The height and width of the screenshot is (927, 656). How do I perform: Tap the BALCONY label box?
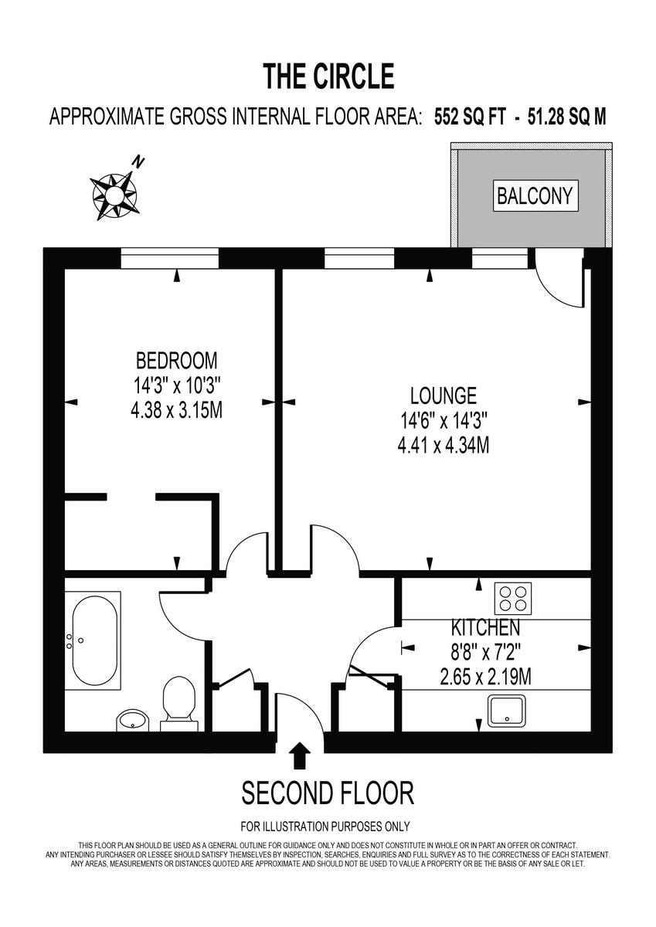[x=535, y=195]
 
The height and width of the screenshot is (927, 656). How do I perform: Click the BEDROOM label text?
[x=177, y=360]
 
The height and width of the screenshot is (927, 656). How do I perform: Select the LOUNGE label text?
[x=443, y=396]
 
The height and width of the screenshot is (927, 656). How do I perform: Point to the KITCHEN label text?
[x=474, y=627]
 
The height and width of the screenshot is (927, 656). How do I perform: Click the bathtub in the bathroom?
[x=95, y=640]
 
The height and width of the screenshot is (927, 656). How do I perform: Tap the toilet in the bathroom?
[x=178, y=700]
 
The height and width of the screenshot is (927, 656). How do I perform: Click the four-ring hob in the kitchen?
[x=514, y=597]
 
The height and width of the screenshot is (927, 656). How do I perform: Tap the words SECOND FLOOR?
[x=328, y=793]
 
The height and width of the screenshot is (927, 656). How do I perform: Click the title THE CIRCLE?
[x=328, y=76]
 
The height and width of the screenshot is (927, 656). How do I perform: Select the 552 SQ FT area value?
[x=471, y=117]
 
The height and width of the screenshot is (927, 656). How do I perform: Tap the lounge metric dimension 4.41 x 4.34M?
[x=443, y=445]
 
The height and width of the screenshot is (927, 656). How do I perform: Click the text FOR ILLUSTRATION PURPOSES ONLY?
[x=325, y=826]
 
